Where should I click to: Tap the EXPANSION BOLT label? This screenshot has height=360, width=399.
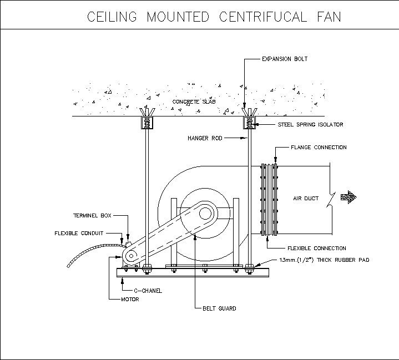[x=284, y=59]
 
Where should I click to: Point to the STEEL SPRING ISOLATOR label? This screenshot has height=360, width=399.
[x=310, y=125]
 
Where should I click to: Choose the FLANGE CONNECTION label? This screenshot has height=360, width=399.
[x=319, y=148]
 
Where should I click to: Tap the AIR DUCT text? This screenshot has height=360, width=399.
[x=305, y=198]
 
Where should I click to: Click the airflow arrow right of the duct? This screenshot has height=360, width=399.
[x=349, y=196]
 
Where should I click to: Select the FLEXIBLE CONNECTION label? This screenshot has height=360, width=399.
[x=316, y=249]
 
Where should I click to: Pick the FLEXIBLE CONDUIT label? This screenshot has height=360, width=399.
[x=78, y=233]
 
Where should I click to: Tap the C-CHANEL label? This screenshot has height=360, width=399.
[x=147, y=291]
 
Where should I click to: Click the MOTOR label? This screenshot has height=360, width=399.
[x=130, y=300]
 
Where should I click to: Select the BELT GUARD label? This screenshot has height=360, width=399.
[x=219, y=308]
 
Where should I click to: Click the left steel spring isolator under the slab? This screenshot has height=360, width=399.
[x=147, y=123]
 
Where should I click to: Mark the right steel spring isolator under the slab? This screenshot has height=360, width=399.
[x=248, y=123]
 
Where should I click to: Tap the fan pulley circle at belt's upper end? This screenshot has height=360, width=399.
[x=205, y=212]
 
